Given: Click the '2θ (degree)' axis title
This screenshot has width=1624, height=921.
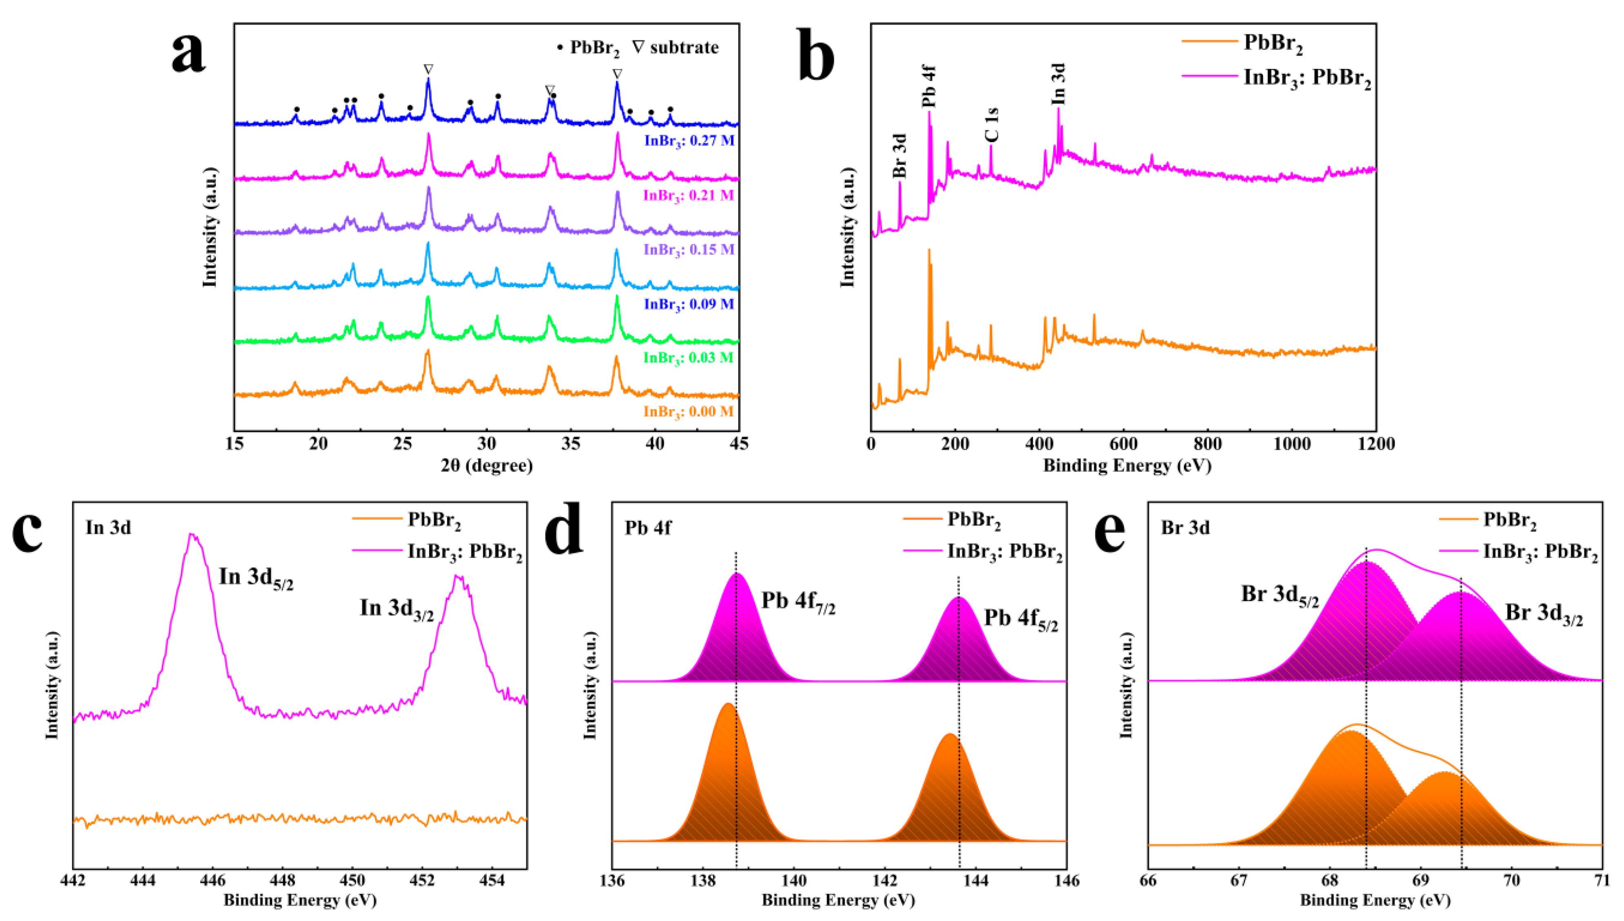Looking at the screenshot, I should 486,466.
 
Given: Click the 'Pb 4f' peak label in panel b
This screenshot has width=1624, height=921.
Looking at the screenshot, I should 928,85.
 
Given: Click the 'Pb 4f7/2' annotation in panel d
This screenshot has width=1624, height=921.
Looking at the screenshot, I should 798,602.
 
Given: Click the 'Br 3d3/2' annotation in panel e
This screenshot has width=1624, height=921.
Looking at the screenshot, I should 1544,614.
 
